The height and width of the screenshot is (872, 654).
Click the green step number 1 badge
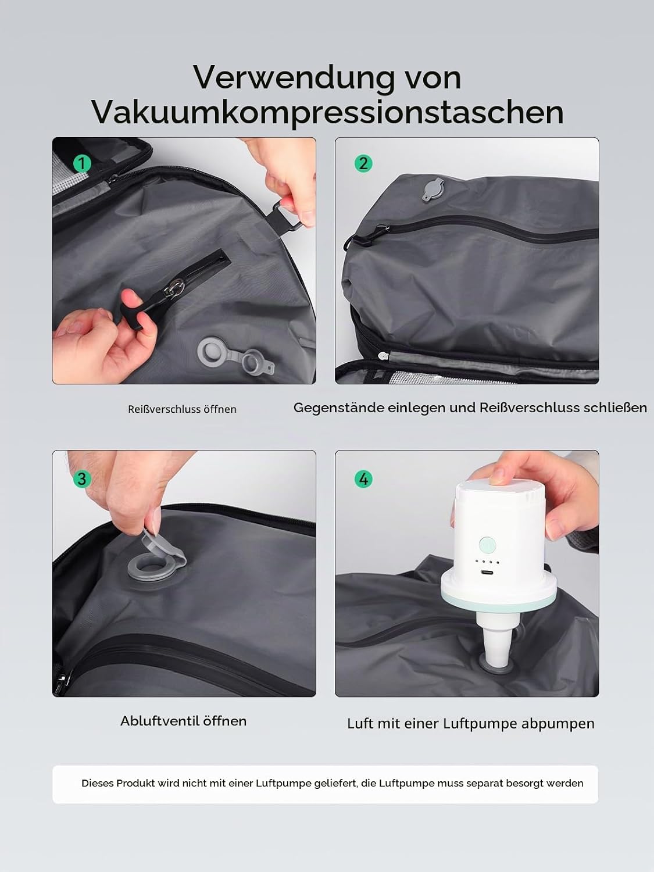point(82,163)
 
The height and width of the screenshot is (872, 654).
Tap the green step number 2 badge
point(363,163)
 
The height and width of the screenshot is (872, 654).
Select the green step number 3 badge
point(82,478)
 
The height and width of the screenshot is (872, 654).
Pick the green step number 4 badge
point(363,479)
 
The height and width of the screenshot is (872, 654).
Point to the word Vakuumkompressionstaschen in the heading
point(327,112)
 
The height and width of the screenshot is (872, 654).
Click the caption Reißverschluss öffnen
point(182,409)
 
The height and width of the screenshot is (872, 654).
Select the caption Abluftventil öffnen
point(184,721)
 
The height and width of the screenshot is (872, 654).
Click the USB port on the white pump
point(487,573)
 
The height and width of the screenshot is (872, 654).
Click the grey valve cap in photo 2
point(433,190)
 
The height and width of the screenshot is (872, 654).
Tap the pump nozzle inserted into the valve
point(495,638)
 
